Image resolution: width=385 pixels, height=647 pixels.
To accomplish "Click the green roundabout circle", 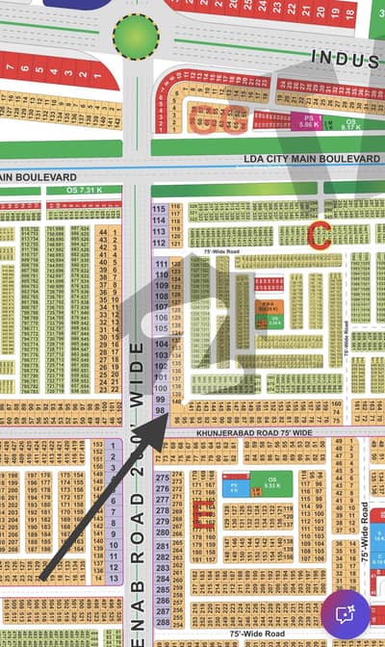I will tap(136, 37).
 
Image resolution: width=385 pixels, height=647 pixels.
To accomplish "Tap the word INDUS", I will tap(343, 59).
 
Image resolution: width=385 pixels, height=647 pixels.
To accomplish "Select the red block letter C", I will tap(319, 234).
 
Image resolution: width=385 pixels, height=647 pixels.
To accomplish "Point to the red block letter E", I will tap(203, 517).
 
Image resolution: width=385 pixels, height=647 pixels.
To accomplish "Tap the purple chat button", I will tap(346, 612).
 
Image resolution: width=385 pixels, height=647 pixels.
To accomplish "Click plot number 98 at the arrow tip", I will tap(161, 411).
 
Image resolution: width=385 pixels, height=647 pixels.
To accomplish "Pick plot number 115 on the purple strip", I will tap(160, 209).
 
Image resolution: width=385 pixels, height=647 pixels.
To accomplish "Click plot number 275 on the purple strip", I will tap(162, 478).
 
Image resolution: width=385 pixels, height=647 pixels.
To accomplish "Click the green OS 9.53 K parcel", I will tap(272, 484).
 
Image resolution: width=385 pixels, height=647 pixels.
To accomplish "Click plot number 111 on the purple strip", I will tap(161, 264).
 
